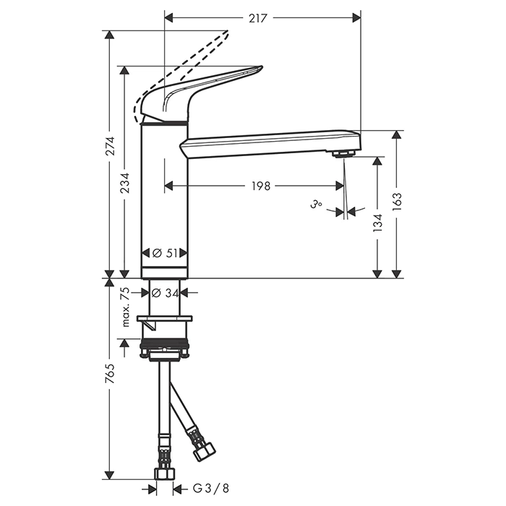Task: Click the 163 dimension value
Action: pos(396,201)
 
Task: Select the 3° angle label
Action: pos(316,205)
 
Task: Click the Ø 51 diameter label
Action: pos(165,253)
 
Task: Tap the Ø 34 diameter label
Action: pos(165,293)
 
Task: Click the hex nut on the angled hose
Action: pos(203,450)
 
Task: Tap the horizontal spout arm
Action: pos(267,143)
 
